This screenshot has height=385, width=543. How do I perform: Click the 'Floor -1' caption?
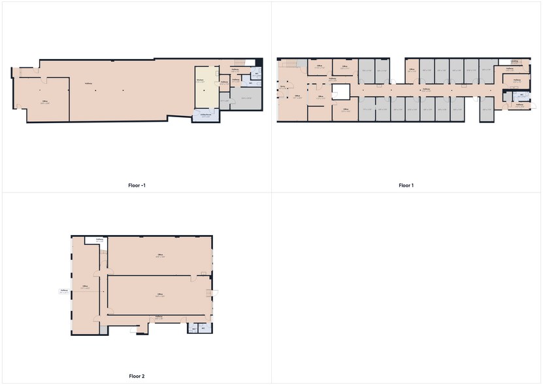coord(137,185)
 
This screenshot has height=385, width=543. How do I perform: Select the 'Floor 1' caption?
coord(406,185)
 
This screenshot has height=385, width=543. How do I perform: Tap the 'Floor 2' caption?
coord(137,376)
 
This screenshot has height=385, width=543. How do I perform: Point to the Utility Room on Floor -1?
coord(205,115)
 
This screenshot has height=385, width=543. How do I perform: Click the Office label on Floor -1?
coord(46,101)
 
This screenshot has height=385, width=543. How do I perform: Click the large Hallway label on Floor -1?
coord(88,83)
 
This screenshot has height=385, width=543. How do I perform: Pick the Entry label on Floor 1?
coord(282,86)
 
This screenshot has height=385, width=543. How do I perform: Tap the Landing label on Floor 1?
coord(515,62)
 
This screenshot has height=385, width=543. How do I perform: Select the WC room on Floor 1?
coord(521,96)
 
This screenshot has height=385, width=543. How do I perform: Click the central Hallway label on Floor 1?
coord(426,89)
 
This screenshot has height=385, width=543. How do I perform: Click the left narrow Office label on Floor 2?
coord(84,286)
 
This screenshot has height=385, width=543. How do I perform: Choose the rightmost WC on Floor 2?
coord(203,327)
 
